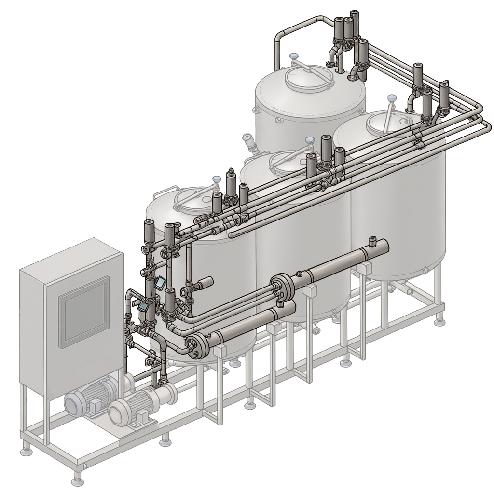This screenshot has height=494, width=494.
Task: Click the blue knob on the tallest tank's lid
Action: [x=293, y=57]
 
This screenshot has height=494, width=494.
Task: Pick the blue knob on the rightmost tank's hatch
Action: [x=392, y=98]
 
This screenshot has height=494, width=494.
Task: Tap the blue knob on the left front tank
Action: [x=217, y=179]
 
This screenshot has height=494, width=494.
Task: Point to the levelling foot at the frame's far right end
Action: [x=439, y=321]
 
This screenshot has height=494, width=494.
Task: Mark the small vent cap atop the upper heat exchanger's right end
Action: [x=372, y=240]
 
